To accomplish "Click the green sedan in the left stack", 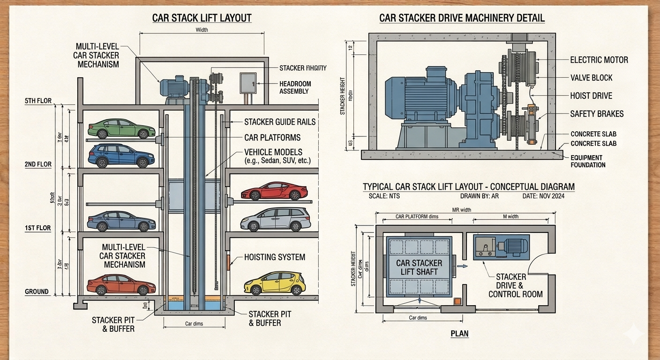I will [x=121, y=128].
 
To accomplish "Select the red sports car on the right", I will [x=274, y=191].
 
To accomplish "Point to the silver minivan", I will [x=276, y=219].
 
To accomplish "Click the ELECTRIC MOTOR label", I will [x=599, y=60].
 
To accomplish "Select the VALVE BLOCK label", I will [x=591, y=78].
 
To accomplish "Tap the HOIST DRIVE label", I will [x=591, y=96].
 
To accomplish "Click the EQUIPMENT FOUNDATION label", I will [x=588, y=161].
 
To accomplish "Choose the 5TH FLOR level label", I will [x=38, y=101].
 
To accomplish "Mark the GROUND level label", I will [x=37, y=292].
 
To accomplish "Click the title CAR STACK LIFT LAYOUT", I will [x=202, y=18].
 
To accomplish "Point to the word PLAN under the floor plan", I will [x=459, y=334].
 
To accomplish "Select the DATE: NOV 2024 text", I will [x=544, y=196].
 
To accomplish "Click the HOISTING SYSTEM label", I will [x=275, y=257].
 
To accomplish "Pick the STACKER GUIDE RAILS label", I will [x=280, y=122].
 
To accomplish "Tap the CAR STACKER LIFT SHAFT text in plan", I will [x=419, y=267].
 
